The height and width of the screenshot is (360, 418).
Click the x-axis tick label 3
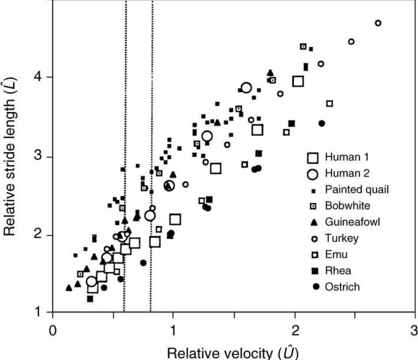pos(415,330)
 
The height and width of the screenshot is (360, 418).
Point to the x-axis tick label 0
pos(52,330)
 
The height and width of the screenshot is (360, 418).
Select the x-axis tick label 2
pos(294,330)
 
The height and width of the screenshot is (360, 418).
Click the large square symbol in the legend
pos(313,157)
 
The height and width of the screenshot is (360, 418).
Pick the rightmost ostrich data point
pos(322,123)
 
